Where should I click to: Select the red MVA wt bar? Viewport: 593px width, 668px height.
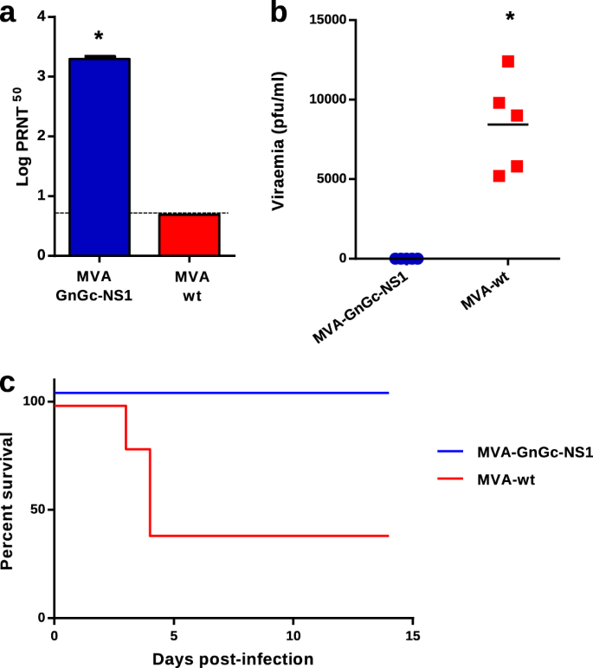[x=189, y=234]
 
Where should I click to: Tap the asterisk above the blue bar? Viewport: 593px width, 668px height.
[x=100, y=37]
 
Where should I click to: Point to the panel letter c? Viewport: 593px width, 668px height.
[x=9, y=383]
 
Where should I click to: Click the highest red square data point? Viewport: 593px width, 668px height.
[x=508, y=61]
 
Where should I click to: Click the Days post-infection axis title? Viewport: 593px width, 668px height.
[x=234, y=658]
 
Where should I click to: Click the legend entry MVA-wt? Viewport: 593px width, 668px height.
[x=506, y=479]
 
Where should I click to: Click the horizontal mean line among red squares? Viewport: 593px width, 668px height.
[x=507, y=125]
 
